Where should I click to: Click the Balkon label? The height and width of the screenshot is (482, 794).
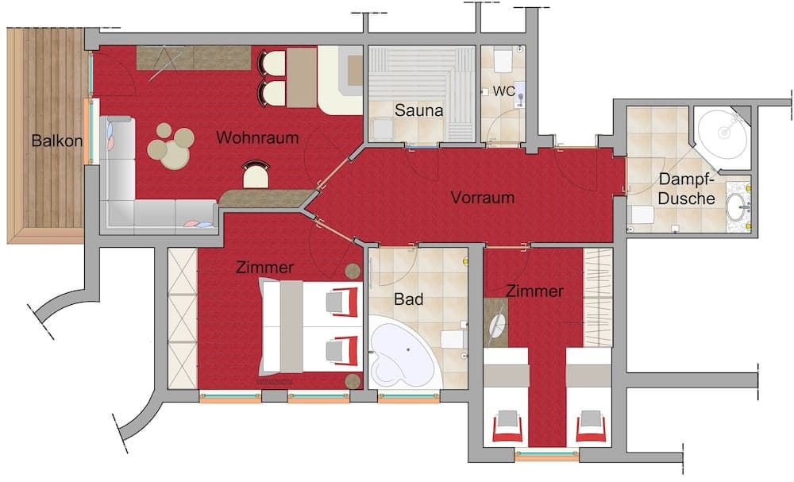point(56,141)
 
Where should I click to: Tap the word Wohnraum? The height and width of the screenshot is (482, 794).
point(257,137)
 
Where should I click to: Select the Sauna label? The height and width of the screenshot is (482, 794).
point(418,110)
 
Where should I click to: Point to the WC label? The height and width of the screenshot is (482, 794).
point(504,91)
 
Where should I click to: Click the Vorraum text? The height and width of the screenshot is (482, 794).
point(483,197)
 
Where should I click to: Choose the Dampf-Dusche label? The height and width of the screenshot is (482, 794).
point(687,188)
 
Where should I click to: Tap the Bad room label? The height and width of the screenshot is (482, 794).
point(408,299)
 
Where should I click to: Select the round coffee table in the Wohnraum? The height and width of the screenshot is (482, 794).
point(172,145)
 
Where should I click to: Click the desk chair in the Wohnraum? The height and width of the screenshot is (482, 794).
point(256,174)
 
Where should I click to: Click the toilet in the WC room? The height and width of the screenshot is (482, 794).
point(503,60)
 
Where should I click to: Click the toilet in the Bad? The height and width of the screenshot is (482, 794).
point(453,339)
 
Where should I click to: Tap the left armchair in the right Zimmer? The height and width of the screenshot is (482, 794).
point(507,425)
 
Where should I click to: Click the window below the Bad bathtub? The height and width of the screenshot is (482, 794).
point(409,398)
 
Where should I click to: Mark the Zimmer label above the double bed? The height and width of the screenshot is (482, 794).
point(264,267)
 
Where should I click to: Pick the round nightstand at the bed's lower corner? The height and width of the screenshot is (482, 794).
point(353,381)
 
